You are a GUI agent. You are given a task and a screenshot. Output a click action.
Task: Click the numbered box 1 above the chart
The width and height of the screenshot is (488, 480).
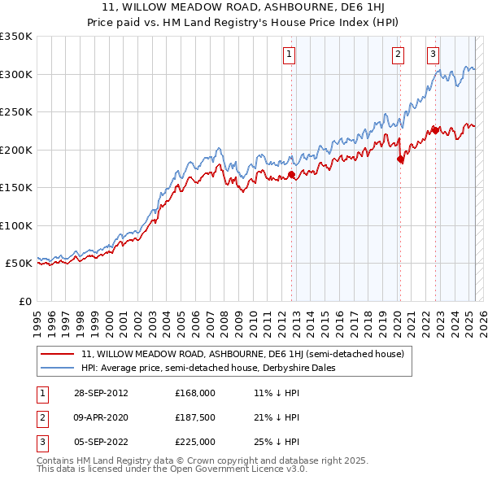click(290, 55)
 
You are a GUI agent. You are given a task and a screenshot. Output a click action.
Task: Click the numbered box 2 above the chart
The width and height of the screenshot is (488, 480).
click(398, 55)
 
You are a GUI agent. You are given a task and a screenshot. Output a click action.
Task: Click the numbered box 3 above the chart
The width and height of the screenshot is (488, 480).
click(433, 55)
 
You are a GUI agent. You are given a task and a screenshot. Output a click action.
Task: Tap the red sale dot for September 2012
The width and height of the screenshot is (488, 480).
click(291, 175)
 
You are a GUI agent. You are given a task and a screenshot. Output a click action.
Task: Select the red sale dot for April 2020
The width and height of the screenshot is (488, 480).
click(400, 159)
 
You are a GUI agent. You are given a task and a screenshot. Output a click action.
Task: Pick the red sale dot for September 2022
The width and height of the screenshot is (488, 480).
click(435, 130)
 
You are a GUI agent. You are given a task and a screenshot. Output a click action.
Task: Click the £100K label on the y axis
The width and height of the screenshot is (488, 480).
click(16, 225)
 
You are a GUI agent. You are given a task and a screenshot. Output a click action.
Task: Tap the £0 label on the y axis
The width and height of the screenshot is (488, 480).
click(23, 301)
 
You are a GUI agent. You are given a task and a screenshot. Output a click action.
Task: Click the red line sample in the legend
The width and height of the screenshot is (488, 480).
click(57, 354)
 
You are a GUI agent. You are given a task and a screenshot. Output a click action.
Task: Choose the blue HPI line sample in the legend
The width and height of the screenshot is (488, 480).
click(57, 368)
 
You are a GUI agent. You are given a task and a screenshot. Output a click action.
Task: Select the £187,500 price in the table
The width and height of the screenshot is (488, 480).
click(194, 417)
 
